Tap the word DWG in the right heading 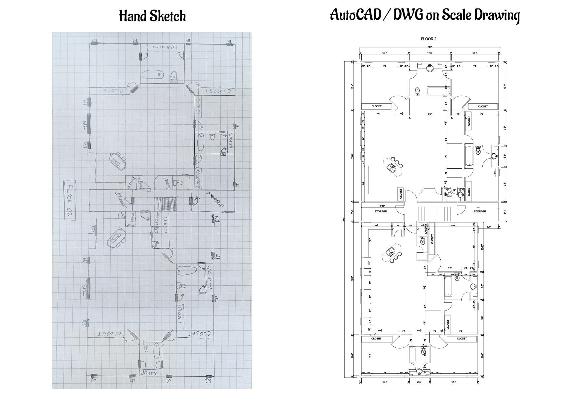(x=407, y=15)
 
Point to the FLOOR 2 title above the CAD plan (x=428, y=39)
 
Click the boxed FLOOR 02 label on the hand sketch (x=69, y=200)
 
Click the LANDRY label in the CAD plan (x=425, y=229)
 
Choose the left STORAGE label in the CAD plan (x=380, y=211)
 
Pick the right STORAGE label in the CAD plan (x=480, y=211)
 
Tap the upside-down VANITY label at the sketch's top (x=162, y=47)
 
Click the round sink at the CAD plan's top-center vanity (x=430, y=68)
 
